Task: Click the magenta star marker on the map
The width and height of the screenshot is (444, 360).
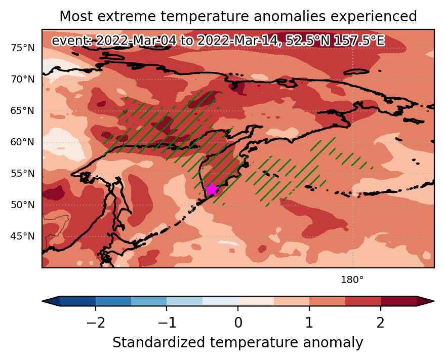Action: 212,189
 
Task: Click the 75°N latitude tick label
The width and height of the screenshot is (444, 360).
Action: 23,48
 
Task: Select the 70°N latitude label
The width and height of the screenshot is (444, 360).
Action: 23,79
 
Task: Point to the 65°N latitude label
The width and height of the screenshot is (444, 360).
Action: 23,111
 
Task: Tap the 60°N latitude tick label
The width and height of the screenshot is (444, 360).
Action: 23,142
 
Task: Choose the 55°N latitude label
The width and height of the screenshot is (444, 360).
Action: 23,173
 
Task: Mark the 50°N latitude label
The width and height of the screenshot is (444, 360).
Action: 23,205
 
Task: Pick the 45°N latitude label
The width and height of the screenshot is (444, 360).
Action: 23,236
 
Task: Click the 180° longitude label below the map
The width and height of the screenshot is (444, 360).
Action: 352,280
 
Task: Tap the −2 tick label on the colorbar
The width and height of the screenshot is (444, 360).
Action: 96,323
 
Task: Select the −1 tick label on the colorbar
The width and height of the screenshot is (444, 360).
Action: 167,323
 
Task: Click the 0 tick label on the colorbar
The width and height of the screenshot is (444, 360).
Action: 238,323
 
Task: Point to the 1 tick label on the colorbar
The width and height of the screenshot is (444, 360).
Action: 309,323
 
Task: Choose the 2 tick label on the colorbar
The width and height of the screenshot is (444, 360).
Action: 380,323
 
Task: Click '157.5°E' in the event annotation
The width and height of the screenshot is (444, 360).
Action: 359,41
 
